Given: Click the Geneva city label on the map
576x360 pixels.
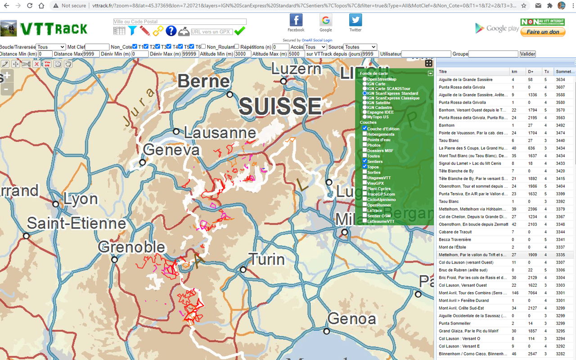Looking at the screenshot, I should (171, 150).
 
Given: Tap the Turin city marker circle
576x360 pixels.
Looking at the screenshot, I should (243, 270).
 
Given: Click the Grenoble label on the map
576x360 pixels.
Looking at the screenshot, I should (131, 247).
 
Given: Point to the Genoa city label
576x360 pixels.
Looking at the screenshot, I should (351, 319).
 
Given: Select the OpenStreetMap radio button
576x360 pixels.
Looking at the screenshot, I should (364, 79).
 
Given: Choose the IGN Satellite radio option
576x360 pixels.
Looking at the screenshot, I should (364, 103).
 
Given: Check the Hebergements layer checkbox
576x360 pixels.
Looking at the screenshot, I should (364, 134).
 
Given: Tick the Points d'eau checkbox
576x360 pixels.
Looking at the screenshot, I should (364, 139).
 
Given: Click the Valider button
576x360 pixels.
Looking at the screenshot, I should (527, 54).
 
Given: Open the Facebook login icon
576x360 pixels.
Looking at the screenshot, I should (296, 20).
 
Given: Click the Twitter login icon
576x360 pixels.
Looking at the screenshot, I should (355, 20).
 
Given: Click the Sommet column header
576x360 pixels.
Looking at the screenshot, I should (565, 72).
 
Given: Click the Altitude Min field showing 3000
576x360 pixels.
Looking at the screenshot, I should (243, 54).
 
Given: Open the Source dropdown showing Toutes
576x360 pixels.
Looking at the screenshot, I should (360, 47).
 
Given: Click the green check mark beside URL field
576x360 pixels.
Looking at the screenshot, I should (240, 31).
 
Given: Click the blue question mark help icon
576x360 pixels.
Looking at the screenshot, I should (171, 31).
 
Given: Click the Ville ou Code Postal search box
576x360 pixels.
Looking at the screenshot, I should (180, 22).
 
